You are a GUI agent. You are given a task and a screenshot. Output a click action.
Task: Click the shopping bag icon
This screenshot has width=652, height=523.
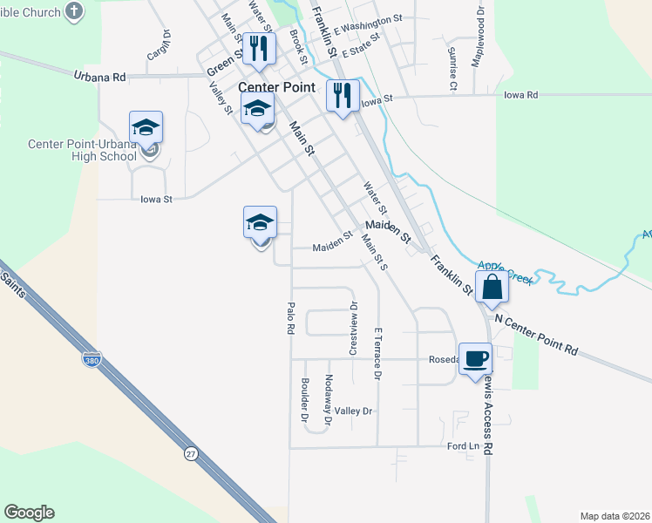[x=492, y=287]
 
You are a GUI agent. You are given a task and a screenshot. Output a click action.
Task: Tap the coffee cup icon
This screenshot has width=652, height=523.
[x=475, y=358]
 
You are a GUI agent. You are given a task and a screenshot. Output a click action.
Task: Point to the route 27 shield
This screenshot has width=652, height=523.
[x=191, y=453]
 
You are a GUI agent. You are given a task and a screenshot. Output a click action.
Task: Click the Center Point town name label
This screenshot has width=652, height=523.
[x=276, y=87]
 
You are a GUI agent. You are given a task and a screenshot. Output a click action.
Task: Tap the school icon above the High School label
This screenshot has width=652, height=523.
[x=146, y=127]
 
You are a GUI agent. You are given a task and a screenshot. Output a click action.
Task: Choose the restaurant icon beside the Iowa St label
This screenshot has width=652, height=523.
[x=343, y=94]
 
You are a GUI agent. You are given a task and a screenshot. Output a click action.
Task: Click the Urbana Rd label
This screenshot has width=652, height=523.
[x=99, y=77]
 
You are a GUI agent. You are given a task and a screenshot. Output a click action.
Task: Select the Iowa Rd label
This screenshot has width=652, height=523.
[x=520, y=95]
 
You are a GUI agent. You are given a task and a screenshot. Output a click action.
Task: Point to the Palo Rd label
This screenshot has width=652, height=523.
[x=292, y=318]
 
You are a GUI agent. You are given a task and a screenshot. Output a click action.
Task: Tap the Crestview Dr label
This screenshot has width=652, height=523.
[x=353, y=329]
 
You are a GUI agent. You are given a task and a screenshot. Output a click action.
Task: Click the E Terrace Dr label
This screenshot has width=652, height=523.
[x=377, y=354]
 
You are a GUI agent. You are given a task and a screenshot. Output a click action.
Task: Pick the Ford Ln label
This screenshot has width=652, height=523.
[x=463, y=446]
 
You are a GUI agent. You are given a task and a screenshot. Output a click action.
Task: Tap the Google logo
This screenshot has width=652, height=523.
[x=29, y=513]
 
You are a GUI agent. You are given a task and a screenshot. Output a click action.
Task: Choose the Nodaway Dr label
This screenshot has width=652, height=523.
[x=328, y=399]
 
